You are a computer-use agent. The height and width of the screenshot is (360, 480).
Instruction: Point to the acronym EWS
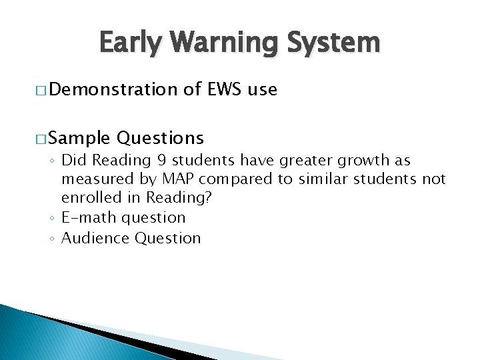point(225,90)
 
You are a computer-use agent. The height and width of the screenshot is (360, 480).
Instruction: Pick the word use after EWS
point(262,90)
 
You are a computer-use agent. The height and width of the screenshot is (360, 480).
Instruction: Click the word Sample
point(79,138)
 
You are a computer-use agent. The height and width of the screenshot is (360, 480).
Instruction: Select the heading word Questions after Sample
point(160,138)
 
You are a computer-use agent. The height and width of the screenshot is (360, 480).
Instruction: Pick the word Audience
point(95,238)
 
